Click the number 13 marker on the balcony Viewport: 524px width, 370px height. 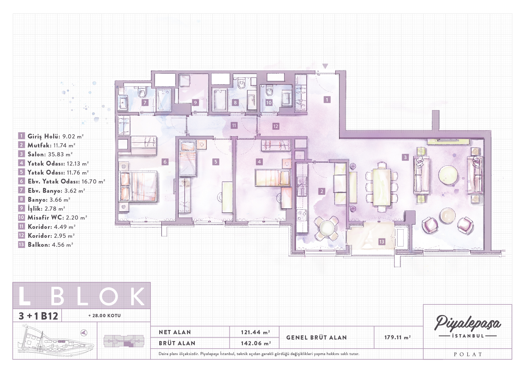point(382,242)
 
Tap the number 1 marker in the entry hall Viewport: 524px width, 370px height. point(327,100)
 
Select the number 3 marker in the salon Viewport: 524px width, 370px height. point(405,157)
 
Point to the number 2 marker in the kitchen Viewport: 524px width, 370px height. point(322,191)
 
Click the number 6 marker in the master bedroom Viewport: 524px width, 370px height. point(165,162)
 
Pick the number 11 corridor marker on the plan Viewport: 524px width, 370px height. point(234,126)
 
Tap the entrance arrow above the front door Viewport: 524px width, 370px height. point(325,66)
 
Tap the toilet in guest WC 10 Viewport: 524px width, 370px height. point(269,91)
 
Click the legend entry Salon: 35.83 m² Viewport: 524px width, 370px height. point(50,154)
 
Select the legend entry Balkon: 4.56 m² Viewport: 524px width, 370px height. point(50,245)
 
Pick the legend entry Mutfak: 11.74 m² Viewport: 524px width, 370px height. point(51,145)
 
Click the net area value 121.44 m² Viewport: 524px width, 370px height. point(255,332)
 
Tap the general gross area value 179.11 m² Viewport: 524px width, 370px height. point(397,337)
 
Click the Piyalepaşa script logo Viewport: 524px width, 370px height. point(468,323)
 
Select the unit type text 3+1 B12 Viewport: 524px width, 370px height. point(38,316)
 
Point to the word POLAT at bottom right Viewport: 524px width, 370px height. point(468,354)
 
